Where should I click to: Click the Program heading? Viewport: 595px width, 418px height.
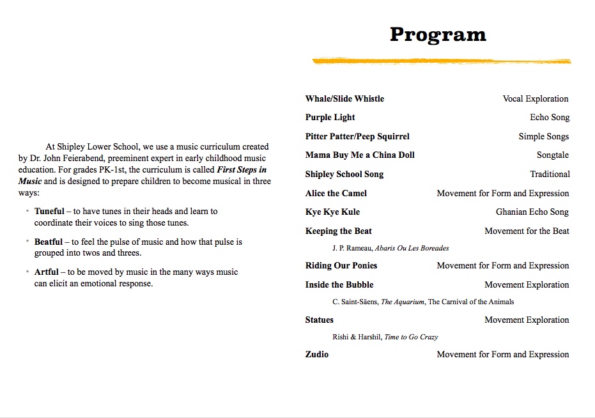pyautogui.click(x=438, y=35)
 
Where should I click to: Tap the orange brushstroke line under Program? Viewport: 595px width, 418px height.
pyautogui.click(x=441, y=61)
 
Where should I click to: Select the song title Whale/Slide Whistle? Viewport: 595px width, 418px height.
pyautogui.click(x=344, y=99)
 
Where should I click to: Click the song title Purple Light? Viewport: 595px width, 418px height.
pyautogui.click(x=330, y=118)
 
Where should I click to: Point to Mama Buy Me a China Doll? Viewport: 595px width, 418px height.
pyautogui.click(x=360, y=155)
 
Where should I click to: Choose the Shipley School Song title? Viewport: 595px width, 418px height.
pyautogui.click(x=344, y=174)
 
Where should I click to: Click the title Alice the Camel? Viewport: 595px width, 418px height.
pyautogui.click(x=336, y=194)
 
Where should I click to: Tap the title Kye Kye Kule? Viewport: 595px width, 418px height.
pyautogui.click(x=332, y=212)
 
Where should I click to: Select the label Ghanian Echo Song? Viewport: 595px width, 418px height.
pyautogui.click(x=532, y=212)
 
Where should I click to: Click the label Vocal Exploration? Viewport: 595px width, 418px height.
pyautogui.click(x=535, y=99)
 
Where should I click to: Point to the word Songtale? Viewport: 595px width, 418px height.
pyautogui.click(x=552, y=155)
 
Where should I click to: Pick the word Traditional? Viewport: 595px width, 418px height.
pyautogui.click(x=550, y=174)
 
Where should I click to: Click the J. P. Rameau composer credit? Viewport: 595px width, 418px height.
pyautogui.click(x=390, y=248)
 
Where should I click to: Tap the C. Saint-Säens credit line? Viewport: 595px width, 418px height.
pyautogui.click(x=423, y=302)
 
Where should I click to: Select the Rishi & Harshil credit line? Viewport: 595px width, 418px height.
pyautogui.click(x=385, y=337)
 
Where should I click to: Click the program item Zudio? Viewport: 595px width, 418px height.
pyautogui.click(x=316, y=355)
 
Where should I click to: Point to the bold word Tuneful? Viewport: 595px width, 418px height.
pyautogui.click(x=49, y=212)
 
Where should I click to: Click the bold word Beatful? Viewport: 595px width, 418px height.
pyautogui.click(x=49, y=242)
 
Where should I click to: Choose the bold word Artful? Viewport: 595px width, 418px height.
pyautogui.click(x=47, y=272)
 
